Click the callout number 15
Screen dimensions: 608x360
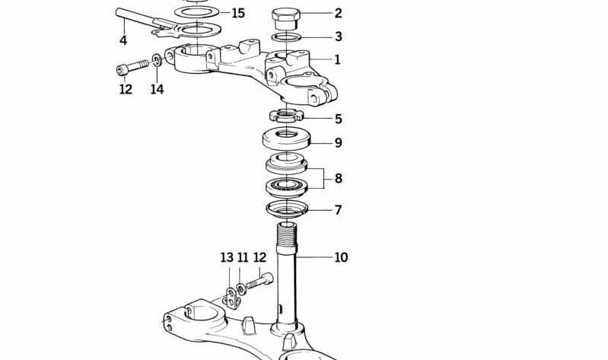[x=238, y=14]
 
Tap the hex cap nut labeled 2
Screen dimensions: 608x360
[x=286, y=19]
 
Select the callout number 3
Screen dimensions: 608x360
[x=338, y=37]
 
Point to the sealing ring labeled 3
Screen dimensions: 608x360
[x=287, y=37]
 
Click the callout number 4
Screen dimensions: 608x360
[x=123, y=40]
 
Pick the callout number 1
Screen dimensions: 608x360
[x=337, y=59]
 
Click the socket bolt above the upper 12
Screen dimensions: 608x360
[x=132, y=67]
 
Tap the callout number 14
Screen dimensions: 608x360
[x=157, y=89]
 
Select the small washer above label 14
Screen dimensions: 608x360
[x=157, y=61]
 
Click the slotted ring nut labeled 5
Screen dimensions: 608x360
[x=286, y=115]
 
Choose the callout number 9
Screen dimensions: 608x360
[x=338, y=143]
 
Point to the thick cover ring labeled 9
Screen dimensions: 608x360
[x=287, y=139]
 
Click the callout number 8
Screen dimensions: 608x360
[x=338, y=178]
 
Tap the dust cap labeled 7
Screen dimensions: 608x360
[x=287, y=209]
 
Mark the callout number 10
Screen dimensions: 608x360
[x=341, y=257]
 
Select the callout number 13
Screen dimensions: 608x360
[x=227, y=257]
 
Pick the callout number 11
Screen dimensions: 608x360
[x=243, y=257]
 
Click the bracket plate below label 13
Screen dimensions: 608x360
[x=233, y=298]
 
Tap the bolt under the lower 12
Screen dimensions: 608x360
[x=259, y=282]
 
